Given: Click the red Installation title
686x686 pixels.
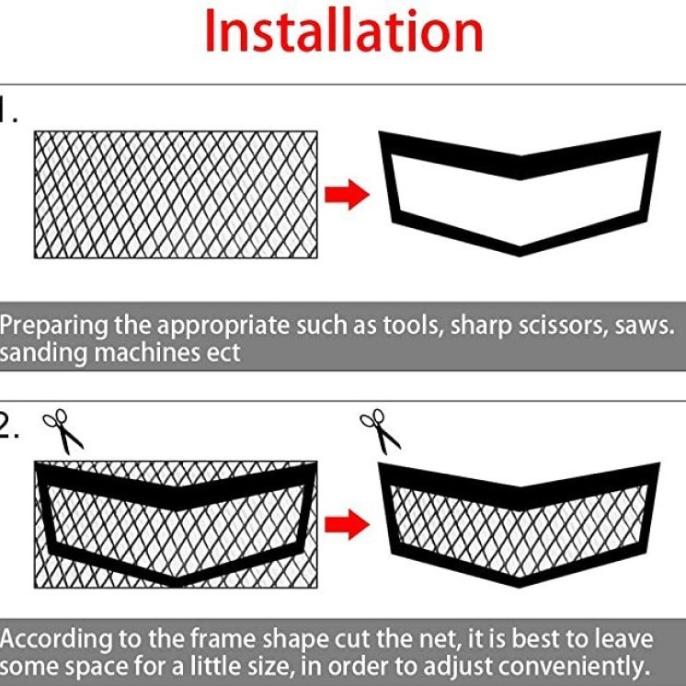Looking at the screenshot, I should [x=343, y=32].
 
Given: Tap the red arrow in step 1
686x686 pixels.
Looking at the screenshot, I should [x=347, y=195].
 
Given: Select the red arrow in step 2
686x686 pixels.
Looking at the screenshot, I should [x=347, y=525].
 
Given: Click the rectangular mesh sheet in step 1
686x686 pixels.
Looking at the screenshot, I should [x=176, y=194].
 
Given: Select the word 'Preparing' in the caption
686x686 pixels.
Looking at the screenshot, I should [x=55, y=326].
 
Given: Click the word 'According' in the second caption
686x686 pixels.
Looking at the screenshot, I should [x=60, y=639].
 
